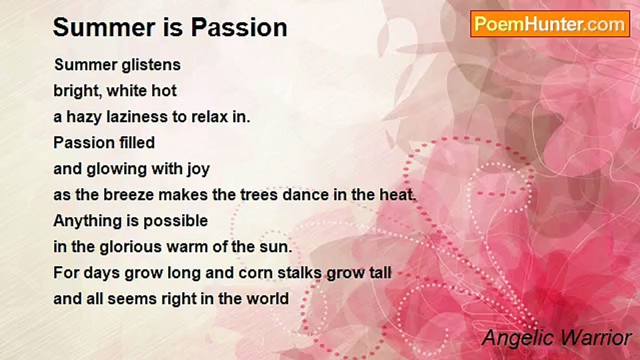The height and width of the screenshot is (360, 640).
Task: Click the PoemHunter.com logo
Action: click(550, 24)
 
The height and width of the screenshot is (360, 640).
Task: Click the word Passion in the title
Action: click(239, 27)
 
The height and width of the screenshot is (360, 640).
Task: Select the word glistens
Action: click(151, 65)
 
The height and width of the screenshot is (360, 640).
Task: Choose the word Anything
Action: click(87, 221)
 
